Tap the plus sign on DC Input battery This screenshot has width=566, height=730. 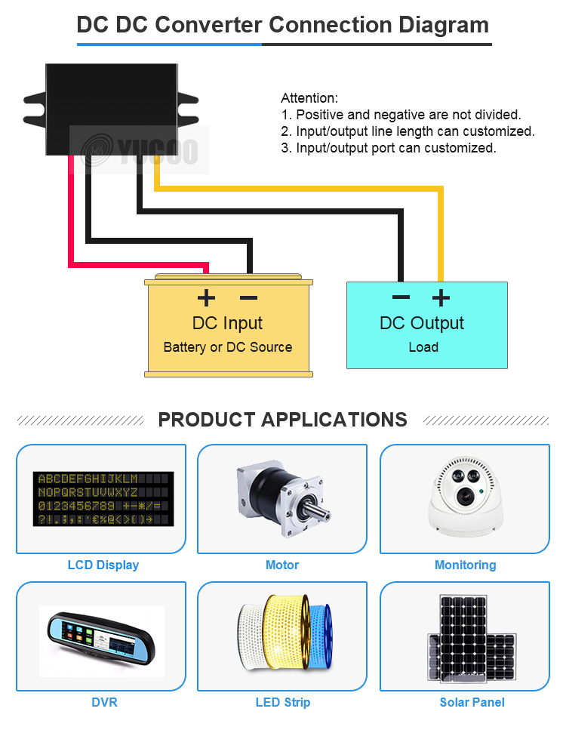pos(205,298)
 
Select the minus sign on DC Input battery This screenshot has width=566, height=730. pos(249,298)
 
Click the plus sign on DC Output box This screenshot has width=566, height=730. pos(441,297)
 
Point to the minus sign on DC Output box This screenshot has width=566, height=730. pos(401,297)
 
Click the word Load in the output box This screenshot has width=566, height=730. pos(423,347)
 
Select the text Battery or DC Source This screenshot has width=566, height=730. pos(227,347)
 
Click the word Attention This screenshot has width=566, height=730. pos(309,98)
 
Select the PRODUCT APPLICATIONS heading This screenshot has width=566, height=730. pos(282,420)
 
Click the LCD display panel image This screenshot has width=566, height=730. pos(103,499)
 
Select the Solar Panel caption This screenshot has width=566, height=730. pos(472,702)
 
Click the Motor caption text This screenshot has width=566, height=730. pos(282,565)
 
